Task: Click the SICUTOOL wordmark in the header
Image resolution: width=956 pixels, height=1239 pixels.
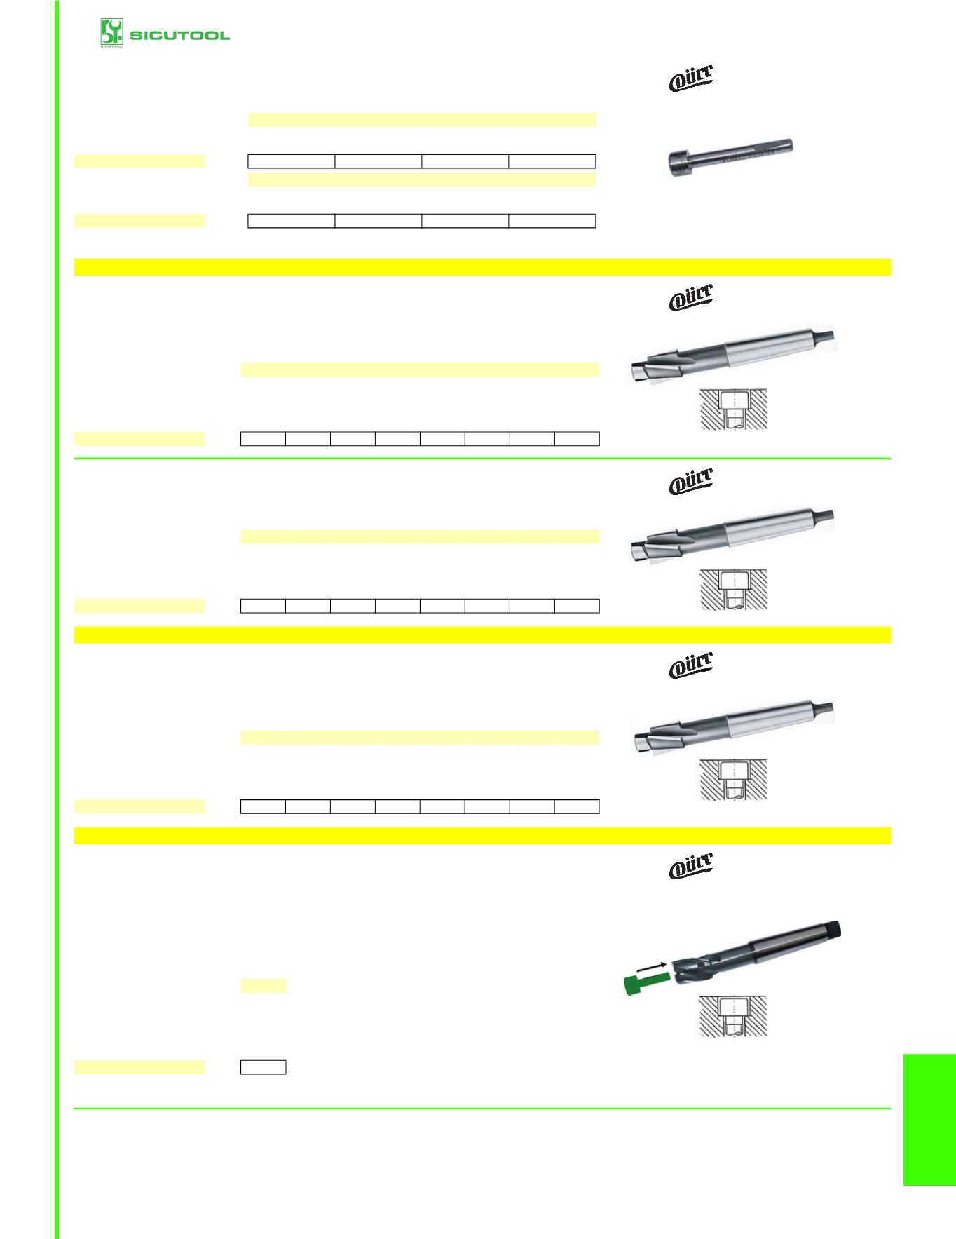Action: pos(179,35)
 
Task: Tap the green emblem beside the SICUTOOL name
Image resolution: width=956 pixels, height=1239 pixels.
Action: pos(111,32)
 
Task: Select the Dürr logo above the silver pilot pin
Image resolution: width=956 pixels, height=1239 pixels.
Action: pos(691,78)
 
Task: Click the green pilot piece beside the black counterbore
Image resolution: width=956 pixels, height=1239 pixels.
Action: pos(642,983)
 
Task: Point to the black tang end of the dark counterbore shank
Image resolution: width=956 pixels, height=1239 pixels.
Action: pos(833,930)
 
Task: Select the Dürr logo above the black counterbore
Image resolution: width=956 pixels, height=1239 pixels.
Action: pos(691,866)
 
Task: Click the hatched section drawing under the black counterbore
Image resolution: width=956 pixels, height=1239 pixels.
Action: pos(733,1016)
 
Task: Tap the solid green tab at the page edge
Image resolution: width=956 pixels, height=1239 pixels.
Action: pos(929,1119)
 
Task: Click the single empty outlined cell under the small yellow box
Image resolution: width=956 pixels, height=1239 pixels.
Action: pos(263,1067)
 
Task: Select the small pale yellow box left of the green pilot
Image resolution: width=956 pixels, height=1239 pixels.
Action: pos(263,986)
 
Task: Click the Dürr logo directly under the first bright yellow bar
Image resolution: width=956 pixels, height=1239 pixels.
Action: pos(691,297)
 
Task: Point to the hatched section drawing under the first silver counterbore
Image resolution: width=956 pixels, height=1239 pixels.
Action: pos(733,409)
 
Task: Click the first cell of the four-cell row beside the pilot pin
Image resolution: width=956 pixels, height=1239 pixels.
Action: pos(292,161)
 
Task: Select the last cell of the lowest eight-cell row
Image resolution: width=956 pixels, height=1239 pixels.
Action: pos(577,806)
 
